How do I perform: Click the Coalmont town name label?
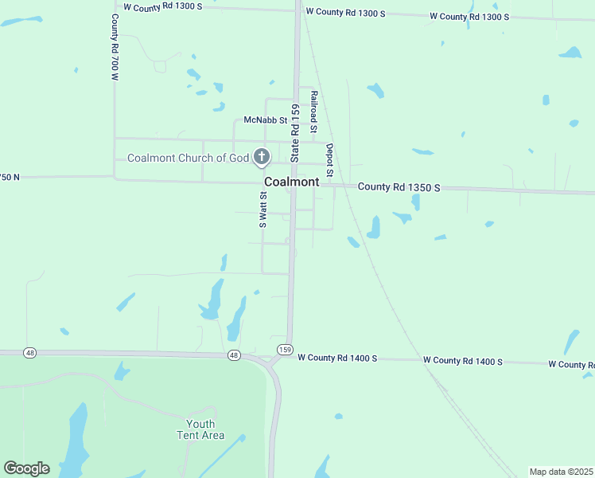click(x=291, y=182)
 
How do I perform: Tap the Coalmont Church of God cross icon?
click(x=261, y=158)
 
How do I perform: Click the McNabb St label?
click(x=265, y=119)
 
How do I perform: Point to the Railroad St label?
click(x=314, y=112)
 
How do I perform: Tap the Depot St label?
click(x=329, y=160)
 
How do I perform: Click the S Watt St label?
click(x=262, y=209)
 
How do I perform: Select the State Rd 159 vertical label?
click(x=294, y=133)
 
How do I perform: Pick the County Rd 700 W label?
click(x=115, y=47)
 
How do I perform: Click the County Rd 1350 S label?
click(x=399, y=187)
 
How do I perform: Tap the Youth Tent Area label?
click(x=200, y=429)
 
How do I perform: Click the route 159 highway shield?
click(x=284, y=350)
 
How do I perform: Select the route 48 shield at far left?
click(x=30, y=352)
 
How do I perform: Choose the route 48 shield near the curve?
click(x=232, y=355)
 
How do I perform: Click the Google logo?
click(x=26, y=468)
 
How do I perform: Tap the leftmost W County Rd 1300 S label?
click(x=164, y=6)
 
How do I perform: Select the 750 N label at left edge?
click(x=10, y=177)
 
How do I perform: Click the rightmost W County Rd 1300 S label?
click(x=469, y=16)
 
